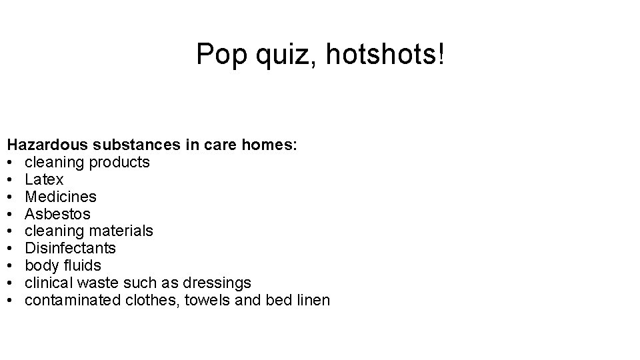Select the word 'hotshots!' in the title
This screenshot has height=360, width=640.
pyautogui.click(x=385, y=55)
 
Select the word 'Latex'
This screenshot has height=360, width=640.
pyautogui.click(x=44, y=179)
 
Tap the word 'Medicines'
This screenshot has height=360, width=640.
pyautogui.click(x=61, y=197)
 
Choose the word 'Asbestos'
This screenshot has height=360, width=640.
pyautogui.click(x=57, y=214)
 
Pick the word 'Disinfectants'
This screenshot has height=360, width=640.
pyautogui.click(x=70, y=249)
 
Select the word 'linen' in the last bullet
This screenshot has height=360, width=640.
pyautogui.click(x=312, y=300)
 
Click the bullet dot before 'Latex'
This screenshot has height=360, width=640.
pyautogui.click(x=12, y=180)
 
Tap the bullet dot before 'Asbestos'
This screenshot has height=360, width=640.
pyautogui.click(x=12, y=215)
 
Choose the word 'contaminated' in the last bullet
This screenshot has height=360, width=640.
pyautogui.click(x=73, y=300)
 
